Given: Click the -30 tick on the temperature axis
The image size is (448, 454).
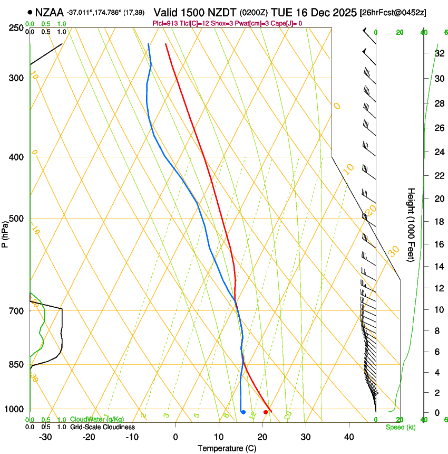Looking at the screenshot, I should point(45,437).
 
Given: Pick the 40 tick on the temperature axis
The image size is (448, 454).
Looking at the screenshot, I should point(349,437).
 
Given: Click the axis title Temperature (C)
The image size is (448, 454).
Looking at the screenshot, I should point(227,448).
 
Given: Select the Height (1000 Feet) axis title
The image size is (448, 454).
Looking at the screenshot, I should point(411,225).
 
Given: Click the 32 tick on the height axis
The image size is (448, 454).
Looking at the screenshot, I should point(439,53).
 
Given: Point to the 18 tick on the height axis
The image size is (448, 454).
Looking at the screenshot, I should point(439,222).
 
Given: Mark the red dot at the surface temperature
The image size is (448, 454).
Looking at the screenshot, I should point(265,412).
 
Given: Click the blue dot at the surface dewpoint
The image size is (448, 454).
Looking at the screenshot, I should point(243,412).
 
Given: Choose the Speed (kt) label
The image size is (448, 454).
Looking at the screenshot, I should point(401,427).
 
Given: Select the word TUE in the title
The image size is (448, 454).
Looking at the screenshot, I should point(281,12).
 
